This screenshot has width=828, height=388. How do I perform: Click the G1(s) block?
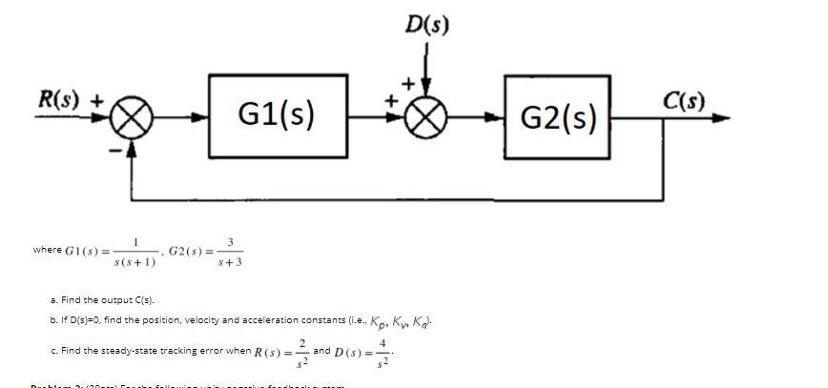[276, 117]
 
